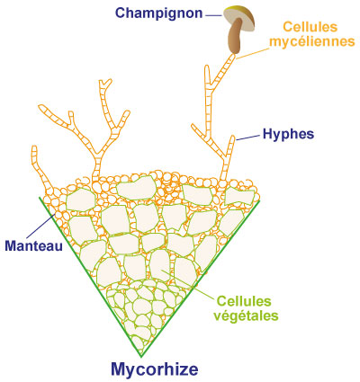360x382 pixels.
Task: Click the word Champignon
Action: click(x=159, y=13)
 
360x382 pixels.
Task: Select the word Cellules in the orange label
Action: click(x=310, y=27)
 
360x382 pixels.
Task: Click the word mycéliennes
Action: click(x=312, y=41)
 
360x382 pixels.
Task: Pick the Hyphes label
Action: click(x=288, y=134)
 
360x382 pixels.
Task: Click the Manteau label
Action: click(x=34, y=246)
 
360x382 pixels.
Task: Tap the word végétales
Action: click(x=246, y=315)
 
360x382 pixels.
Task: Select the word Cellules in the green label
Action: click(x=244, y=301)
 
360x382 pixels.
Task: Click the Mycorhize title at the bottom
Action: click(x=155, y=369)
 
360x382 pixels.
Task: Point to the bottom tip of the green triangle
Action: click(x=140, y=357)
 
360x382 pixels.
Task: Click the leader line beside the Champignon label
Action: click(x=214, y=15)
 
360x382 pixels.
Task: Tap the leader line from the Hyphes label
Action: click(x=247, y=138)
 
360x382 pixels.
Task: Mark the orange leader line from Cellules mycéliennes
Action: click(x=252, y=53)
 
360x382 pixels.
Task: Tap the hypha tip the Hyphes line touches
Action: click(x=232, y=138)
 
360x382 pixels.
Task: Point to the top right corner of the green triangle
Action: click(x=258, y=201)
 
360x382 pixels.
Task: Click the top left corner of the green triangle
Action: click(x=40, y=197)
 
